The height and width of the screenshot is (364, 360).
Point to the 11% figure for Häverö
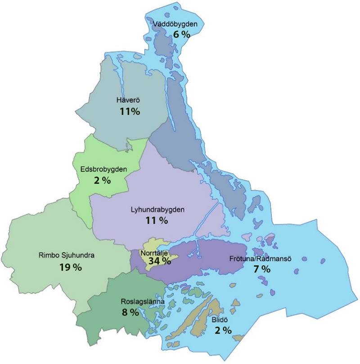click(130, 111)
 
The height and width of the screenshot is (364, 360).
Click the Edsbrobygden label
click(100, 169)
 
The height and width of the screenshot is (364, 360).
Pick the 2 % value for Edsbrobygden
click(102, 180)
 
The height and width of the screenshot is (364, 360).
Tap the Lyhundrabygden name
click(158, 209)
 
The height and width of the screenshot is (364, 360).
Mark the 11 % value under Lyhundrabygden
click(157, 220)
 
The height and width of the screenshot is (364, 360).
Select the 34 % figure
click(160, 261)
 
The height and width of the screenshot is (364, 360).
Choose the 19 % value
click(71, 267)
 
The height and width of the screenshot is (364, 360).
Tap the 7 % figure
click(261, 269)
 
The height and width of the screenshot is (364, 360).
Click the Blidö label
click(220, 321)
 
